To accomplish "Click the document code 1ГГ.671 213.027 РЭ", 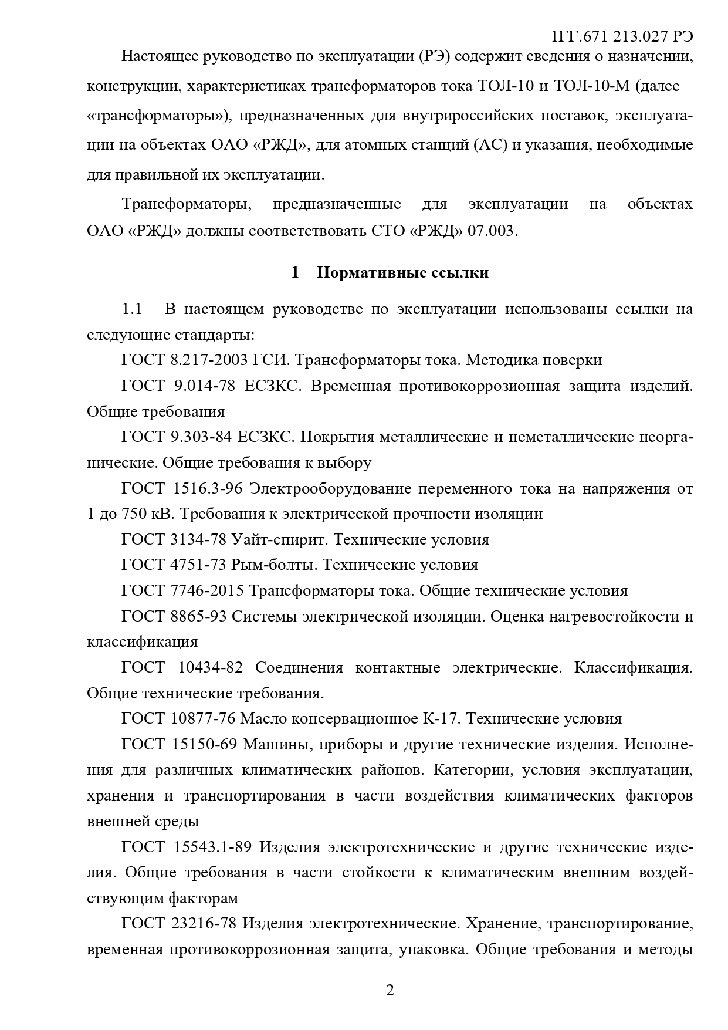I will (622, 36).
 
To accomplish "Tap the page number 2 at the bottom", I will (390, 991).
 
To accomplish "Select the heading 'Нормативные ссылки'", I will (402, 273).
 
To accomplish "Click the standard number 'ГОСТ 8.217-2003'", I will (181, 360).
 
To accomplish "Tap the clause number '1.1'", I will (132, 309).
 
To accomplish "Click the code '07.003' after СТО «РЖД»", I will (492, 231).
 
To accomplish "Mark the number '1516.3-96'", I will (206, 488).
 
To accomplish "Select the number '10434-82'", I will (209, 668).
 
